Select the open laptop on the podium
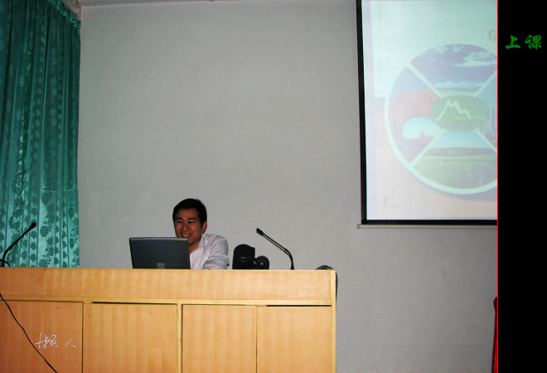coord(159,253)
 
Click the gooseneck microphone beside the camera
coord(275,245)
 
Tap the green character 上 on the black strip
coord(513,42)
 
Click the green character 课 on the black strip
coord(532,42)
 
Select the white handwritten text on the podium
coord(56,340)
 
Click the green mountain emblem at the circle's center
coord(457,111)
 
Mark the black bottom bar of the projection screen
coord(428,222)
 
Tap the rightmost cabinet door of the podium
coord(294,338)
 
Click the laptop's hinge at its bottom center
coord(159,267)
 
